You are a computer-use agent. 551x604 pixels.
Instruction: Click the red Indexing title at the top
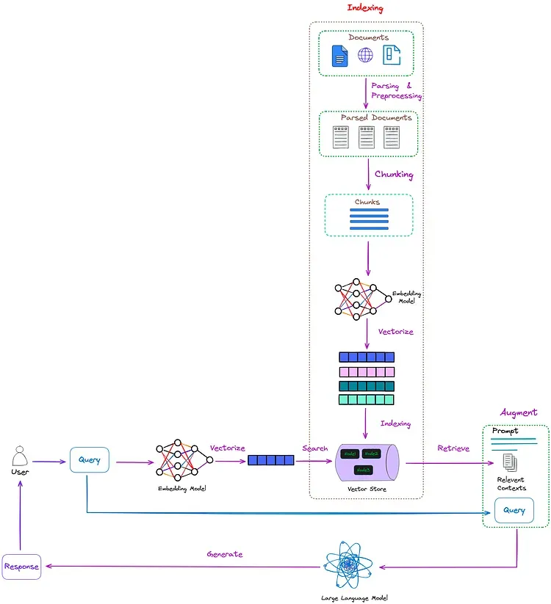click(x=365, y=8)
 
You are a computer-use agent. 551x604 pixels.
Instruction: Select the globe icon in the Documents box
click(x=365, y=55)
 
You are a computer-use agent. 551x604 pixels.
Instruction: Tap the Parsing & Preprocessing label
click(x=396, y=91)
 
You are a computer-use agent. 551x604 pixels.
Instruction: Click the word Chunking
click(x=394, y=175)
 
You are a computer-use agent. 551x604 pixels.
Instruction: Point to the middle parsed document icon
click(x=366, y=137)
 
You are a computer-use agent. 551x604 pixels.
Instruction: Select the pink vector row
click(x=366, y=371)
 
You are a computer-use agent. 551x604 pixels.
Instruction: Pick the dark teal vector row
click(x=366, y=386)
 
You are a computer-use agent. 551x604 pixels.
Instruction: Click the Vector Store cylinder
click(x=367, y=462)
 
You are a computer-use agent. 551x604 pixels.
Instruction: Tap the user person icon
click(x=21, y=457)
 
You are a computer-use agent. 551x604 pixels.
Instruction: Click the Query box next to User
click(x=90, y=461)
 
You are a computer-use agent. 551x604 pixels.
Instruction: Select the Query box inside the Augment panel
click(x=514, y=510)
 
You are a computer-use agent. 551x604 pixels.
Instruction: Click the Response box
click(x=21, y=567)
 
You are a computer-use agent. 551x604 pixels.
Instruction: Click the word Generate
click(x=224, y=554)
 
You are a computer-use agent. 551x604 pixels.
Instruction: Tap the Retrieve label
click(x=453, y=448)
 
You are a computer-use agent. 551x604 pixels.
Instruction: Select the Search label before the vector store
click(x=314, y=448)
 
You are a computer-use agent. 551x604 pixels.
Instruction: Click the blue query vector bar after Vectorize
click(x=270, y=461)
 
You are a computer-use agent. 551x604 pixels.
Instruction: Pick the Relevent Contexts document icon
click(x=509, y=462)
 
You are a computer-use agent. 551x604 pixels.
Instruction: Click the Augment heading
click(x=519, y=412)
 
